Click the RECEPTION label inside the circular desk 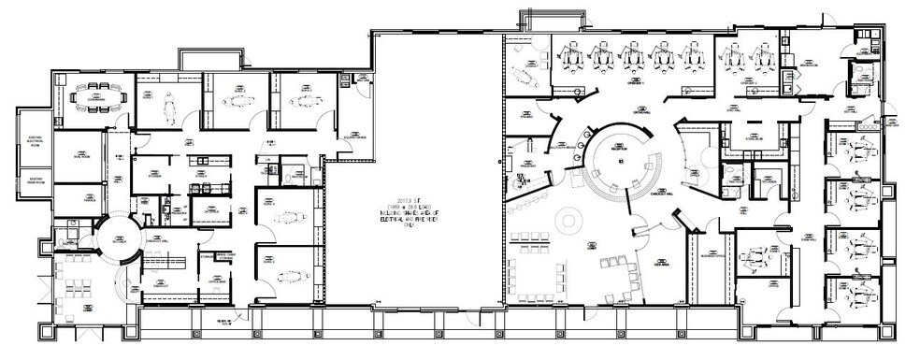point(617,150)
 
